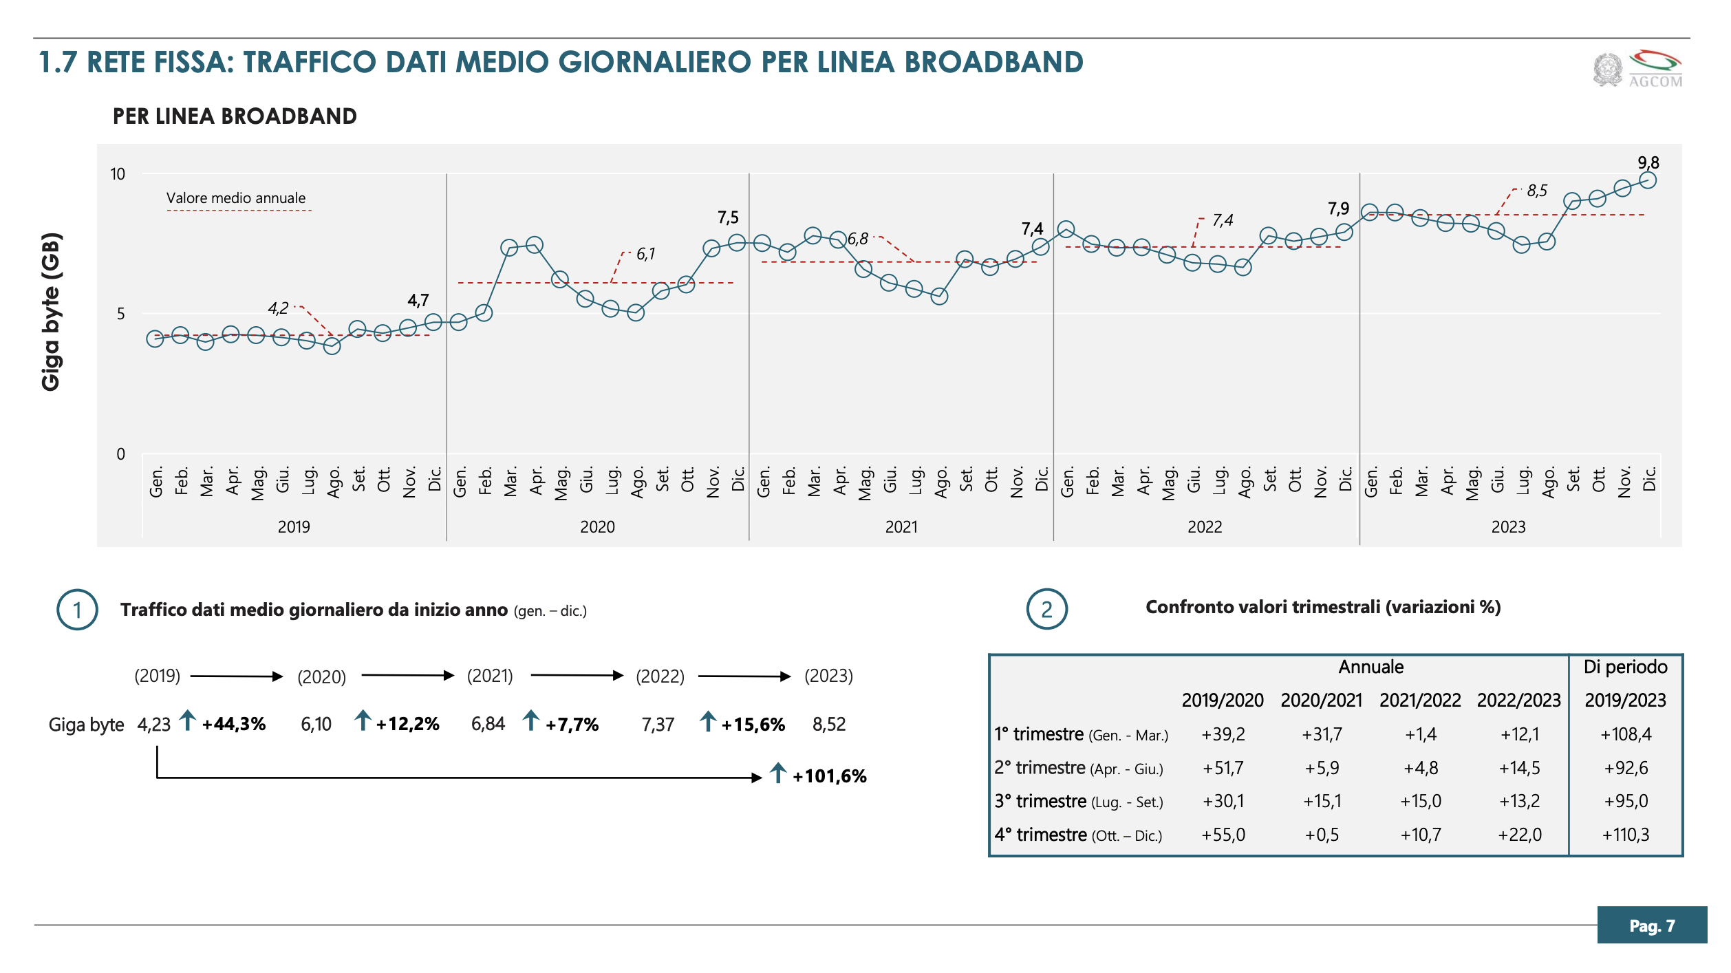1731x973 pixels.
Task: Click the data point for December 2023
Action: (1648, 180)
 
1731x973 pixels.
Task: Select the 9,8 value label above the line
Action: (1648, 163)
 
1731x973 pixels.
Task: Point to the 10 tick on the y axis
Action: (118, 174)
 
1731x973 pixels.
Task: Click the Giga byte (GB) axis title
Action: (52, 312)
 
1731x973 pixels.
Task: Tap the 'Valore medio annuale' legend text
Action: (236, 198)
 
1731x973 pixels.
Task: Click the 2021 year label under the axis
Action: (901, 527)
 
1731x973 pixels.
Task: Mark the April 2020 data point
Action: (535, 245)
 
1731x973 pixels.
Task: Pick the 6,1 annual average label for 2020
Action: (645, 254)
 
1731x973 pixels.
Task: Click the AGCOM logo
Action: (1637, 69)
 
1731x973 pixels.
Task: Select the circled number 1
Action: (77, 610)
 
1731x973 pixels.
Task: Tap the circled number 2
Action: (1046, 610)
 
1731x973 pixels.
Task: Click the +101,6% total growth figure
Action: (829, 777)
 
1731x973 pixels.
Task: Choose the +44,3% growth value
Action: (233, 725)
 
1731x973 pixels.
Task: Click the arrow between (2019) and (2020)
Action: (237, 676)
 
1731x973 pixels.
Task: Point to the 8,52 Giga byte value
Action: (829, 725)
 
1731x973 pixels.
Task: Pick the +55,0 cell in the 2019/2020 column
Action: (1223, 835)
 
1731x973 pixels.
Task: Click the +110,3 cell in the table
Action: (1626, 835)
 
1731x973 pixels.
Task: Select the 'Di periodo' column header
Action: (1625, 667)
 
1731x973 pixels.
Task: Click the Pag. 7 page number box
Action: (1652, 926)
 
